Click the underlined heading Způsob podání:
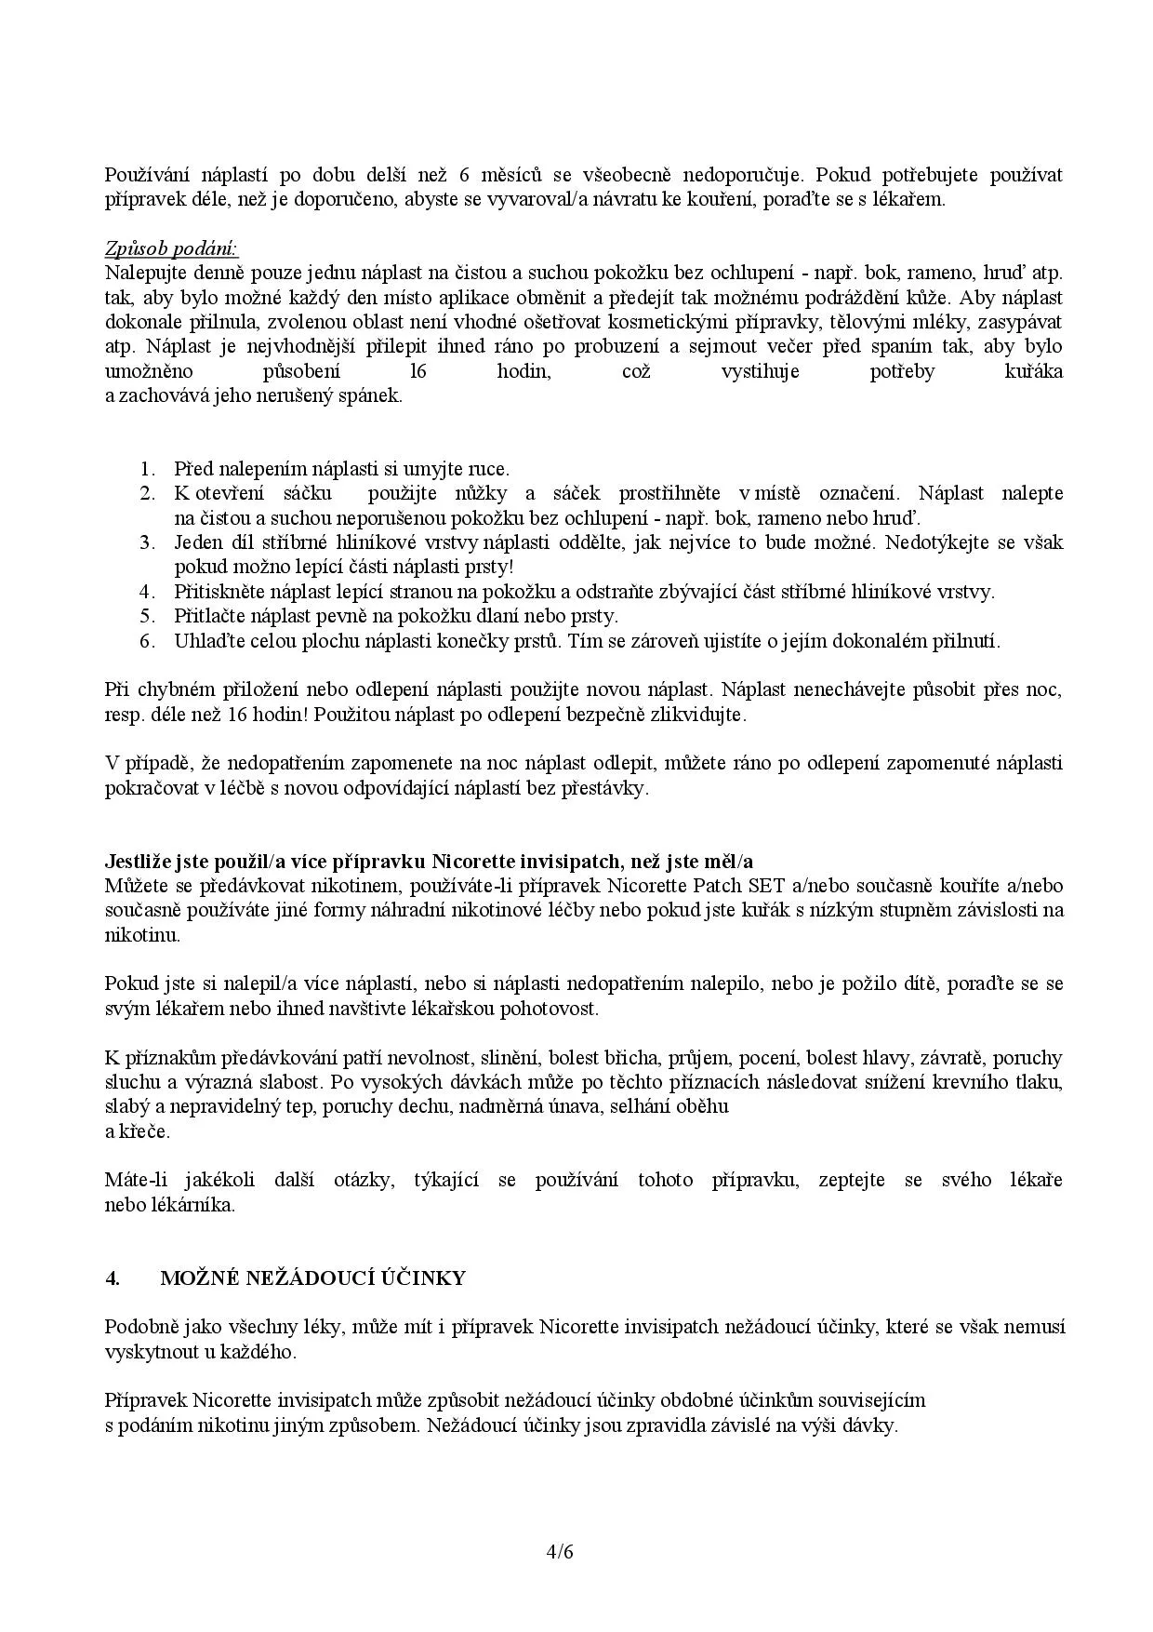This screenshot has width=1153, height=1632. click(x=171, y=249)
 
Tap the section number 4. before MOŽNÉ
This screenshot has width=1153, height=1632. click(x=112, y=1278)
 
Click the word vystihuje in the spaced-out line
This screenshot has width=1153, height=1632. click(x=760, y=372)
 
